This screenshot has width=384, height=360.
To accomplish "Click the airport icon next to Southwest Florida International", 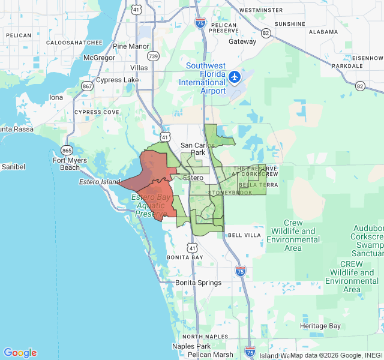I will (234, 77).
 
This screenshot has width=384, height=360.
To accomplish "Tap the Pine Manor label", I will (131, 46).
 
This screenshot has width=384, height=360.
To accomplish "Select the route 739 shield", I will (153, 56).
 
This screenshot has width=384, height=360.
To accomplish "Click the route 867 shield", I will (88, 86).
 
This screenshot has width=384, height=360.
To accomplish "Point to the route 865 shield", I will (67, 150).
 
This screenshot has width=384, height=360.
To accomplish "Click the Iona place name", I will (56, 97).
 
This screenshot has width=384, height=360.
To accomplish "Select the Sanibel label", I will (12, 166).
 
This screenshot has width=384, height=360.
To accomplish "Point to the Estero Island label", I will (100, 182).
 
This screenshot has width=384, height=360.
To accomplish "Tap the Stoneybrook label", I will (230, 193).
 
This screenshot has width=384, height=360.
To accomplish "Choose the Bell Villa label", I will (244, 235).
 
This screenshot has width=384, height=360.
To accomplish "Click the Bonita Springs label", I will (199, 283).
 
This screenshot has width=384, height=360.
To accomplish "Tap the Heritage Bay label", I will (320, 326).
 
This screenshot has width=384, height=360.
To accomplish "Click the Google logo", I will (20, 353).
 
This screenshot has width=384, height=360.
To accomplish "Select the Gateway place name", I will (242, 41).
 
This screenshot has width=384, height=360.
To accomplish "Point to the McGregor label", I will (99, 58).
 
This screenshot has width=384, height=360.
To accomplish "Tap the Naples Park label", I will (191, 346).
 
